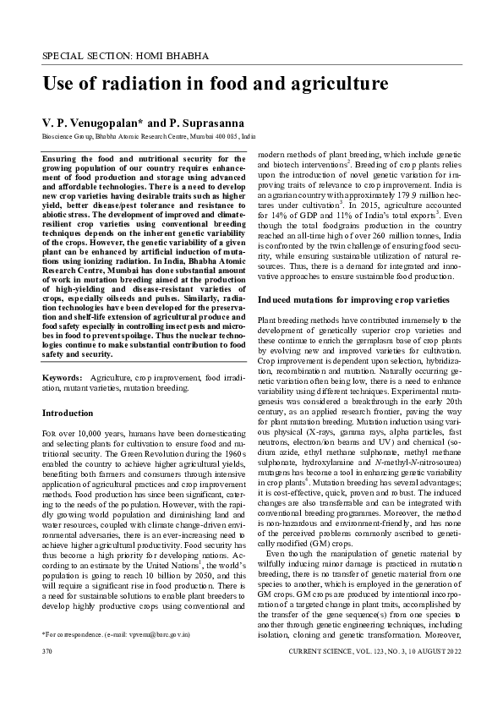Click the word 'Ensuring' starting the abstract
[60, 158]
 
